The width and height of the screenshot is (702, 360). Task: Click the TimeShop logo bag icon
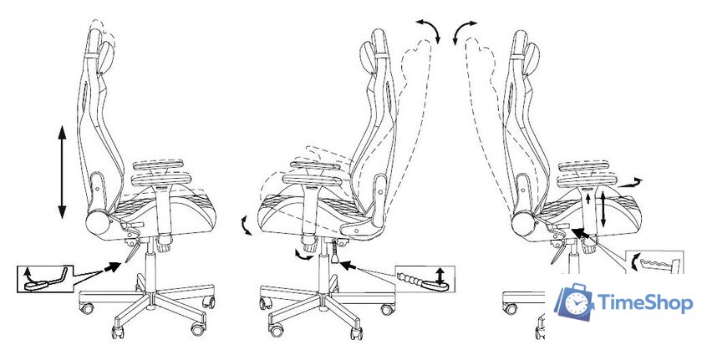(x=575, y=302)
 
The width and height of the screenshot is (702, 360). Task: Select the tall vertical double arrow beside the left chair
(x=62, y=172)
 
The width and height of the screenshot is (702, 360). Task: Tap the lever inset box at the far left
(x=45, y=279)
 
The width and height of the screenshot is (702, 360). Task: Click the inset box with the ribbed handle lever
(x=425, y=279)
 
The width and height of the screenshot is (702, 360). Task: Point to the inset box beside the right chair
(x=654, y=262)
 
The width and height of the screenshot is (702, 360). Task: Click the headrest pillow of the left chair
(x=108, y=58)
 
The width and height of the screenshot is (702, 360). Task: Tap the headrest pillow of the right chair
(x=532, y=58)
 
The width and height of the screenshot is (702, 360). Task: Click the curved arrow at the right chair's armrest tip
(x=630, y=184)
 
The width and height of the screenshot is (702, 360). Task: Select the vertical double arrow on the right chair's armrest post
(x=603, y=208)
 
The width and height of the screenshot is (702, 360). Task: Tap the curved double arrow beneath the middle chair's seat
(x=304, y=255)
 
